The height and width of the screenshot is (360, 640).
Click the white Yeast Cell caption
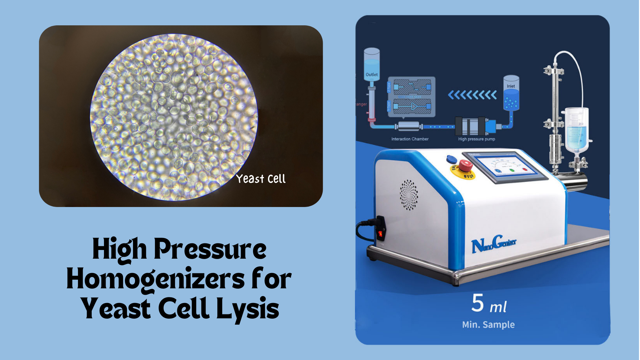coord(261,179)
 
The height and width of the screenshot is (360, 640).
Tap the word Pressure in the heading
coord(210,249)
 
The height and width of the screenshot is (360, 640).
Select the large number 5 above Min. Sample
coord(477,303)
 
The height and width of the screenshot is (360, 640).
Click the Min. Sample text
coord(488,324)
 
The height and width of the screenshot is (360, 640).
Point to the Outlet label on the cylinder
coord(372,75)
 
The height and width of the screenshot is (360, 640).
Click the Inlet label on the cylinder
coord(511,86)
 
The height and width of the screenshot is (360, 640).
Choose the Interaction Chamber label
coord(410,139)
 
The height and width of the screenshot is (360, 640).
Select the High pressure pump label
coord(476,139)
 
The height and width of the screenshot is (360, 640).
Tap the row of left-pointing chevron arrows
coord(472,95)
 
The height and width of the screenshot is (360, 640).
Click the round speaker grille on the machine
coord(409,195)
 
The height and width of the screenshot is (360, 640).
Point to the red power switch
coord(380,234)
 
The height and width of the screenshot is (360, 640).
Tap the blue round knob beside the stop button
coord(451,159)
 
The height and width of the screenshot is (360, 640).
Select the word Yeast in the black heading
coord(115,308)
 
